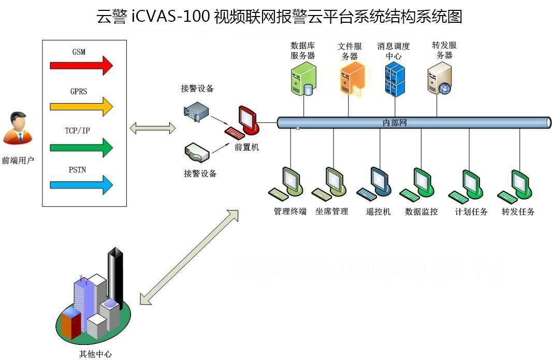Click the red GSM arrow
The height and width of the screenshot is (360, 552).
tap(81, 65)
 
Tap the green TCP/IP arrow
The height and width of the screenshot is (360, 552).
tap(81, 147)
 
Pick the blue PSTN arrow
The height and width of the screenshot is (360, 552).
tap(81, 184)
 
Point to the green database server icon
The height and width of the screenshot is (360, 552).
tap(302, 79)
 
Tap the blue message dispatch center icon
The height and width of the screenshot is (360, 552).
tap(395, 78)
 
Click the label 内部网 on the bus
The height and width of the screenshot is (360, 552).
tap(395, 123)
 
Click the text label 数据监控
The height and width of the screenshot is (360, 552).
tap(421, 212)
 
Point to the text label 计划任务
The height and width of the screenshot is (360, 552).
tap(471, 212)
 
